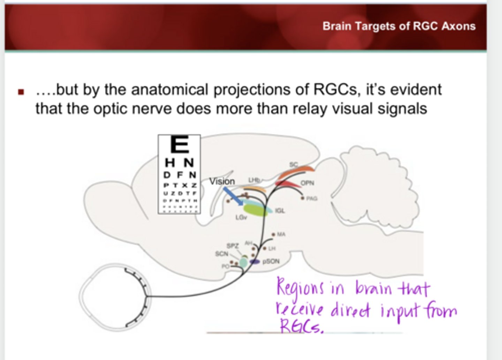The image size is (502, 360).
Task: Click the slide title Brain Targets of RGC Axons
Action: point(399,26)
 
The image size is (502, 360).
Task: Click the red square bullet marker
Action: point(21,92)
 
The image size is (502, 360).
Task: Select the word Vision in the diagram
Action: point(222,181)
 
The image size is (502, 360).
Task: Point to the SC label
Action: point(294,164)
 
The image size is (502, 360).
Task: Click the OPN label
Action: point(307,183)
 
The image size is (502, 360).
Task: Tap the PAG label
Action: point(312,198)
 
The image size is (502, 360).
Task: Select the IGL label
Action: point(280,210)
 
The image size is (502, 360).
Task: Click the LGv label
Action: point(241,217)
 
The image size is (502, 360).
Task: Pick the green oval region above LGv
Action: point(256,210)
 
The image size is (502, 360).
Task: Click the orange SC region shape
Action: point(296,171)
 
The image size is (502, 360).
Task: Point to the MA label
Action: point(281,234)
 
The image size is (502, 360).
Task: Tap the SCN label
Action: point(221,254)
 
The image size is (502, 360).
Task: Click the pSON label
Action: point(271,261)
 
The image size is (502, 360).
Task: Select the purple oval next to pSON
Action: point(255,261)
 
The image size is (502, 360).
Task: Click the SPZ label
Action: point(233,246)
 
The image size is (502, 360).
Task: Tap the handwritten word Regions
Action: point(300,288)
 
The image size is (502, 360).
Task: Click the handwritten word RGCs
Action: point(301,327)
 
